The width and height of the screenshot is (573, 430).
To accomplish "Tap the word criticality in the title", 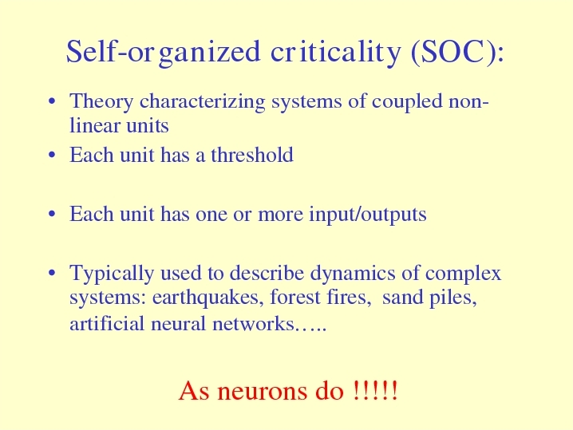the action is coord(336,52).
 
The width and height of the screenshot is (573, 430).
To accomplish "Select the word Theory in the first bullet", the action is coord(101,102).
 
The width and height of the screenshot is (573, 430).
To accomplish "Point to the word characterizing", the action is coord(203,102).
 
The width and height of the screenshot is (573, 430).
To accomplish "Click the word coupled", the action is coord(407,102).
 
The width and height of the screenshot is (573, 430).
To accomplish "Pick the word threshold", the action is coord(252,155).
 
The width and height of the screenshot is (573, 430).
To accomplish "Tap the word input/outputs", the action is coord(368,214).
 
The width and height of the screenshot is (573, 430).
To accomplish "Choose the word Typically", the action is coord(112,274).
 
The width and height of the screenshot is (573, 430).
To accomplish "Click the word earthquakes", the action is coord(207,298).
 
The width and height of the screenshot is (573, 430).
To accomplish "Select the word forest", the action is coord(295,297).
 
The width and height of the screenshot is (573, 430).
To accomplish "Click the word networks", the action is coord(253,324).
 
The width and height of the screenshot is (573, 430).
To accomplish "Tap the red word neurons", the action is coord(263,391).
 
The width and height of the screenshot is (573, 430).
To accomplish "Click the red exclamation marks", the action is coord(376,390).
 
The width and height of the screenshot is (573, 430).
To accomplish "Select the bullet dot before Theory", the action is coord(52,101).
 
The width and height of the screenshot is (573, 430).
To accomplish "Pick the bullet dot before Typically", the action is coord(52,273).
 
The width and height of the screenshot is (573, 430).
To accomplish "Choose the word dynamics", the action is coord(353,274).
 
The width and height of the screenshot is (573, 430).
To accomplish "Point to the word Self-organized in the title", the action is coord(164,52).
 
